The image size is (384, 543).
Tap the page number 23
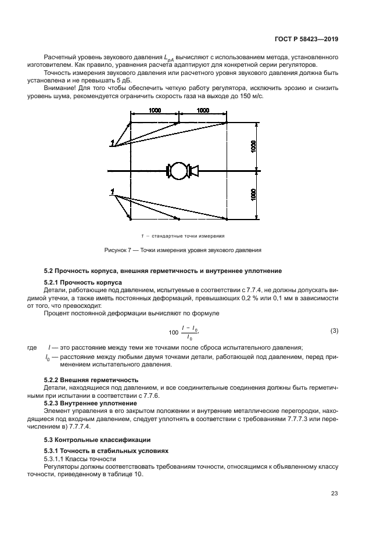pos(335,494)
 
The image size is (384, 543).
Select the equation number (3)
pos(334,331)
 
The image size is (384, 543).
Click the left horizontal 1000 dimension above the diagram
pos(155,110)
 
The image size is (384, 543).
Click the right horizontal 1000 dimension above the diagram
pos(203,110)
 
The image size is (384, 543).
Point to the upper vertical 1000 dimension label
pos(254,146)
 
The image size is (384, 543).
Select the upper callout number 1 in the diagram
pos(112,143)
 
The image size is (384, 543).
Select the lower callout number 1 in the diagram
pos(112,190)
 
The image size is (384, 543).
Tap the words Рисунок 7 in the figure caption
pos(117,250)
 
